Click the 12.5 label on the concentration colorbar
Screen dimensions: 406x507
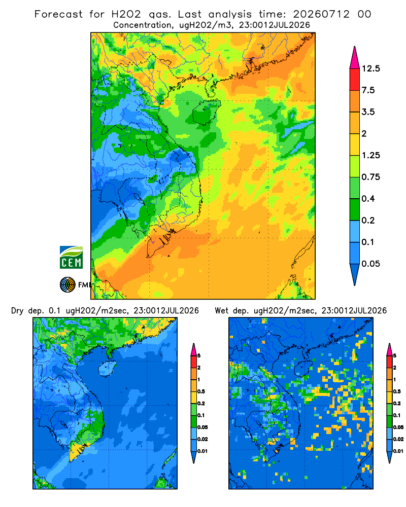tap(370, 68)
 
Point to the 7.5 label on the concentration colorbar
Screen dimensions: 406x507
tap(368, 90)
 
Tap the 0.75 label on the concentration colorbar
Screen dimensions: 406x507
tap(370, 177)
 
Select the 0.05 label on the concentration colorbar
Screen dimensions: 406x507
tap(370, 264)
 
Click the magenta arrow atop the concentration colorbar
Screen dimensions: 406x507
tap(355, 58)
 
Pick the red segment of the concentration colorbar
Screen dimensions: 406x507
tap(355, 80)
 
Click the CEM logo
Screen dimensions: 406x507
tap(71, 258)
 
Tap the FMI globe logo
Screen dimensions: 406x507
tap(67, 285)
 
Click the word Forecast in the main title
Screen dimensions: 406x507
tap(58, 14)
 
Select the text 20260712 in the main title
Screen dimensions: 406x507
tap(321, 14)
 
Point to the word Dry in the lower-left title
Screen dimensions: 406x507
tap(17, 311)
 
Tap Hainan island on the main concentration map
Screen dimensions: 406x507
tap(206, 112)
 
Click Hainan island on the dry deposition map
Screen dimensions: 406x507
tap(108, 369)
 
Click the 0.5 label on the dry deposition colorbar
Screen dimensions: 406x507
tap(201, 391)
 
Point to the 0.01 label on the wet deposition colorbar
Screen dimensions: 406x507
tap(398, 451)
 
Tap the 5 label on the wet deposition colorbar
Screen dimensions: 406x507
tap(395, 356)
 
